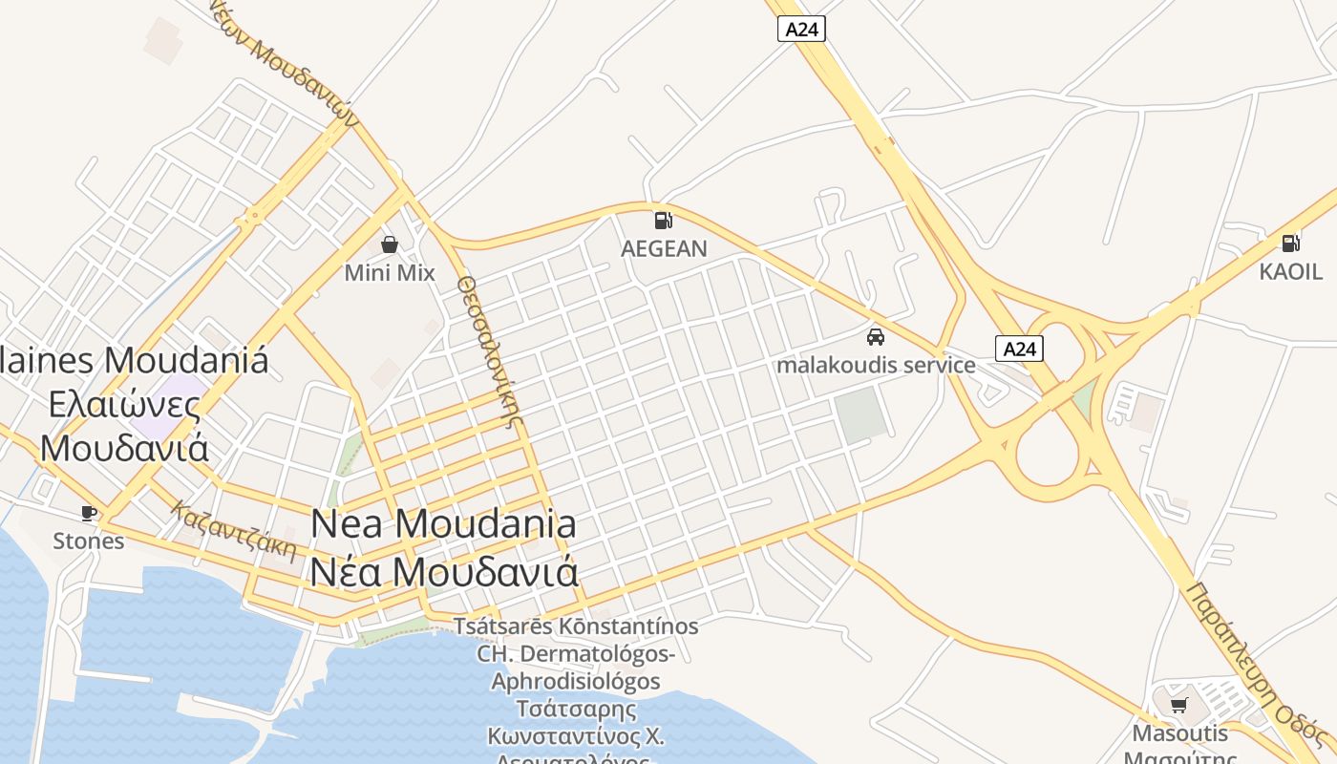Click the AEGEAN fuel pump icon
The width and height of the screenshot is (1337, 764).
pyautogui.click(x=663, y=220)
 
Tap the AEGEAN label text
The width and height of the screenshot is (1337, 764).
pyautogui.click(x=664, y=249)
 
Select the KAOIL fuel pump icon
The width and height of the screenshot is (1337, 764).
pyautogui.click(x=1290, y=243)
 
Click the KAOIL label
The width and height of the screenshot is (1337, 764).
pyautogui.click(x=1290, y=271)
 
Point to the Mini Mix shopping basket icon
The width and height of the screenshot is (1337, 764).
pyautogui.click(x=389, y=244)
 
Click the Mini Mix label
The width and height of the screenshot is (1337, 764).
pyautogui.click(x=389, y=273)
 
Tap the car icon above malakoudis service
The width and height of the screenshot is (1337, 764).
pyautogui.click(x=875, y=336)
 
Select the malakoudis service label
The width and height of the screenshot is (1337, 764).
pyautogui.click(x=876, y=365)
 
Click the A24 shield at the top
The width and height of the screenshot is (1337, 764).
pyautogui.click(x=800, y=30)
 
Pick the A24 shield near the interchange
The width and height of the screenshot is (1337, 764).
pyautogui.click(x=1019, y=349)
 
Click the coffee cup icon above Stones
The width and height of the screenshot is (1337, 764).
pyautogui.click(x=89, y=513)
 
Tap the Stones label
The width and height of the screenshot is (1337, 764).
pyautogui.click(x=88, y=541)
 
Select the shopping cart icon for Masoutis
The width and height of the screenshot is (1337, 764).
pyautogui.click(x=1179, y=705)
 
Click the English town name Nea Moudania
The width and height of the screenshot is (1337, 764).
pyautogui.click(x=444, y=523)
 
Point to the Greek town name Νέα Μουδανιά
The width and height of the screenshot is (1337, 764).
pyautogui.click(x=444, y=571)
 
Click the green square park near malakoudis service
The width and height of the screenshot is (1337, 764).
pyautogui.click(x=861, y=414)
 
